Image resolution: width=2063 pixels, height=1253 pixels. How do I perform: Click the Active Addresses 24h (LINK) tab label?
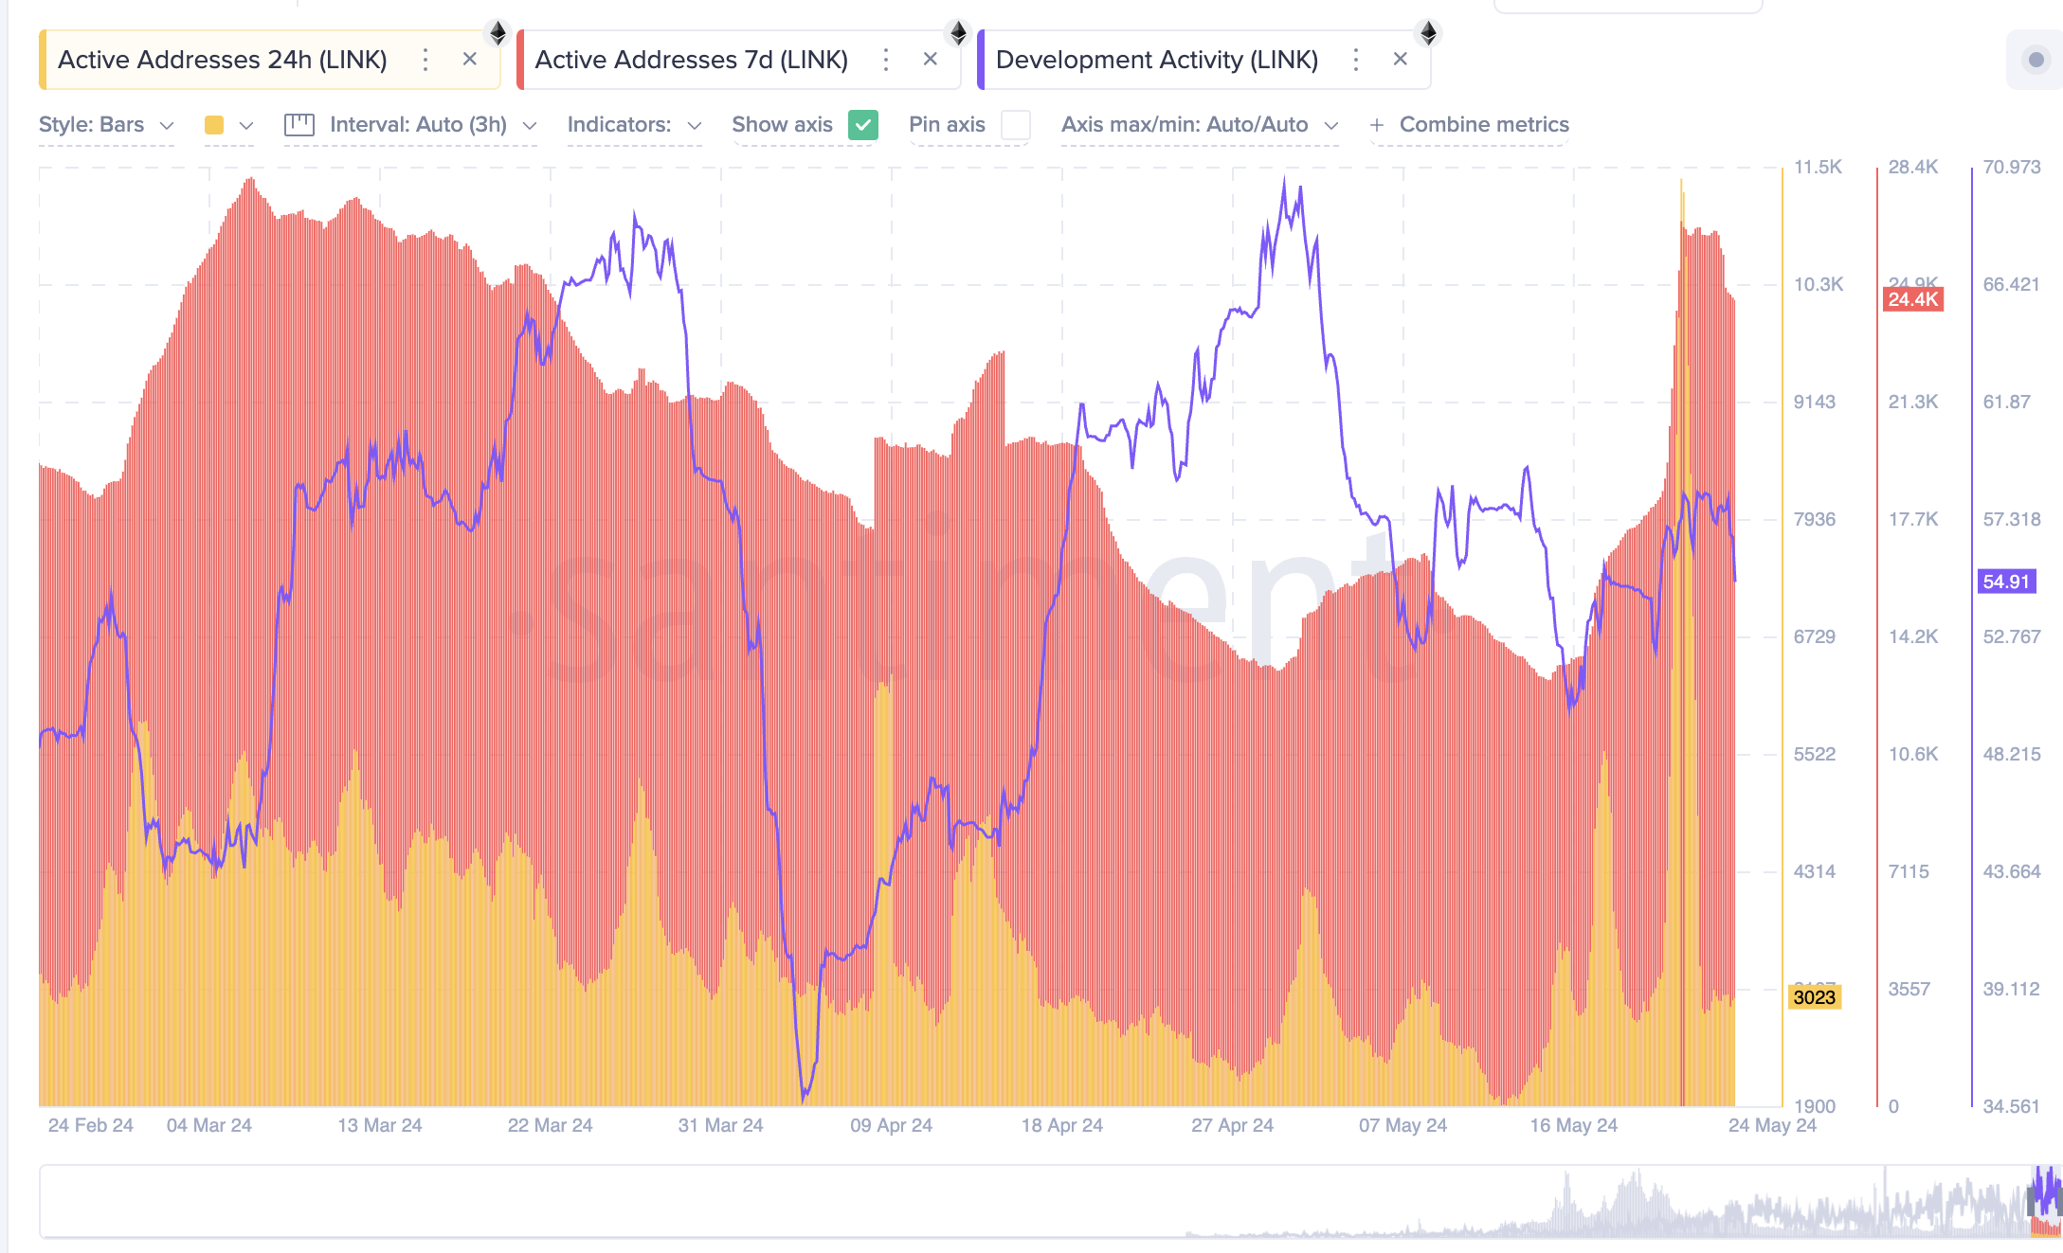222,60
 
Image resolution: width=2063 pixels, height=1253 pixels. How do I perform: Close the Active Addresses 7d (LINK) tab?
930,59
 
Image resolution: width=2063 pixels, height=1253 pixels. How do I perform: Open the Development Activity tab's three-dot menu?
1356,60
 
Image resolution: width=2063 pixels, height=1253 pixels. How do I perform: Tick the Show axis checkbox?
862,125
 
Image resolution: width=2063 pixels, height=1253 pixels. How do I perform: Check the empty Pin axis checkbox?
1015,125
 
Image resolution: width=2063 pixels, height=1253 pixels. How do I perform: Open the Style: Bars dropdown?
106,125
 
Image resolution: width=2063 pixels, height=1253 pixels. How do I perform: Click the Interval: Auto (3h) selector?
418,125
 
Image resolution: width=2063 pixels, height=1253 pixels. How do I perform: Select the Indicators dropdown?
634,125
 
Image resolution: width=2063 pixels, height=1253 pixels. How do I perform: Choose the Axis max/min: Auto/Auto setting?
1199,125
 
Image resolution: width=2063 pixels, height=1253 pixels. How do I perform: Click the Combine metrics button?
1470,125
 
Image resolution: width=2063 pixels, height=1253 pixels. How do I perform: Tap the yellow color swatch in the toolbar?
214,125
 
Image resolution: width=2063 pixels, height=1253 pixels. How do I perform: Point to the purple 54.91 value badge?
2006,582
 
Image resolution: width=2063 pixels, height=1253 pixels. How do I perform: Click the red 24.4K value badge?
1912,299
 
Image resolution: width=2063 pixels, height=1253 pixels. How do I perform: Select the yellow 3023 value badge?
1814,997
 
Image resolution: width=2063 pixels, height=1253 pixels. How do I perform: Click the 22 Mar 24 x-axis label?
550,1125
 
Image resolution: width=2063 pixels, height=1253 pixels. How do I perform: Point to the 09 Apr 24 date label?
891,1125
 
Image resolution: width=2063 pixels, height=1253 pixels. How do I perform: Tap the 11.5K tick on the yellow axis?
1818,168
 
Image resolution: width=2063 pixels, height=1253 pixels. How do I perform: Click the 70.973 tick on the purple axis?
2011,168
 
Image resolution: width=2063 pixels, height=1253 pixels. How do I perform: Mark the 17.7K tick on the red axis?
1912,519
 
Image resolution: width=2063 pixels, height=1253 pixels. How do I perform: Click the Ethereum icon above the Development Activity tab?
1428,33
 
